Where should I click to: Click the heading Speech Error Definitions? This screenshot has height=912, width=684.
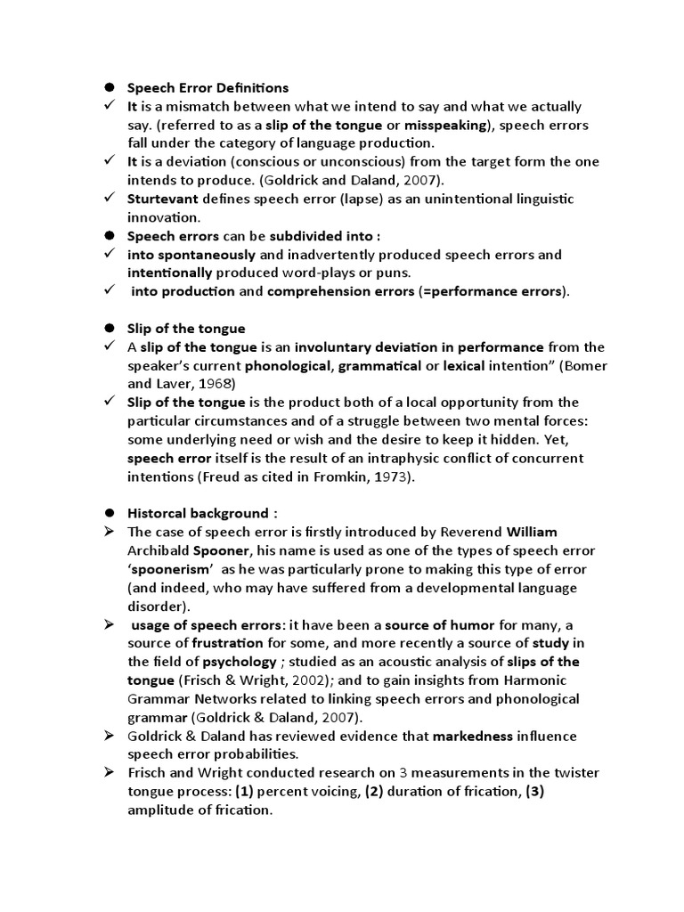pos(208,88)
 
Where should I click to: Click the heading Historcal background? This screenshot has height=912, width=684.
pos(197,513)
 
